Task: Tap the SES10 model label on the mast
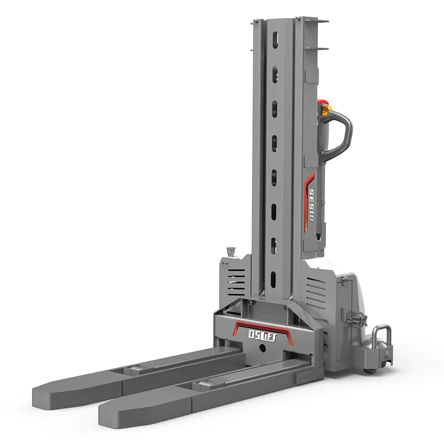click(311, 204)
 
